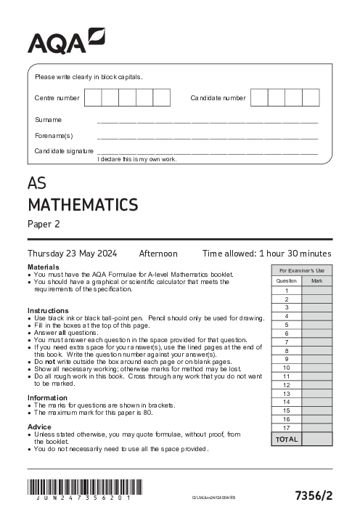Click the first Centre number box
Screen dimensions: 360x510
coord(93,97)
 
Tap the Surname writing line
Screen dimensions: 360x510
coord(208,120)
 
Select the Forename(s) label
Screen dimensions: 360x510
coord(54,135)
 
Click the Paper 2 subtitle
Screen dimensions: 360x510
coord(44,224)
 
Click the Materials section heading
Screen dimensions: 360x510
coord(43,267)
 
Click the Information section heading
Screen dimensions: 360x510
coord(47,397)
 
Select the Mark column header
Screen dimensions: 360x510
coord(317,280)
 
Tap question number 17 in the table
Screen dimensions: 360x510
coord(287,428)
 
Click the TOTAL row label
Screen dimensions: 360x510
coord(287,440)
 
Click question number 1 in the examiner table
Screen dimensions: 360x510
coord(287,290)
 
